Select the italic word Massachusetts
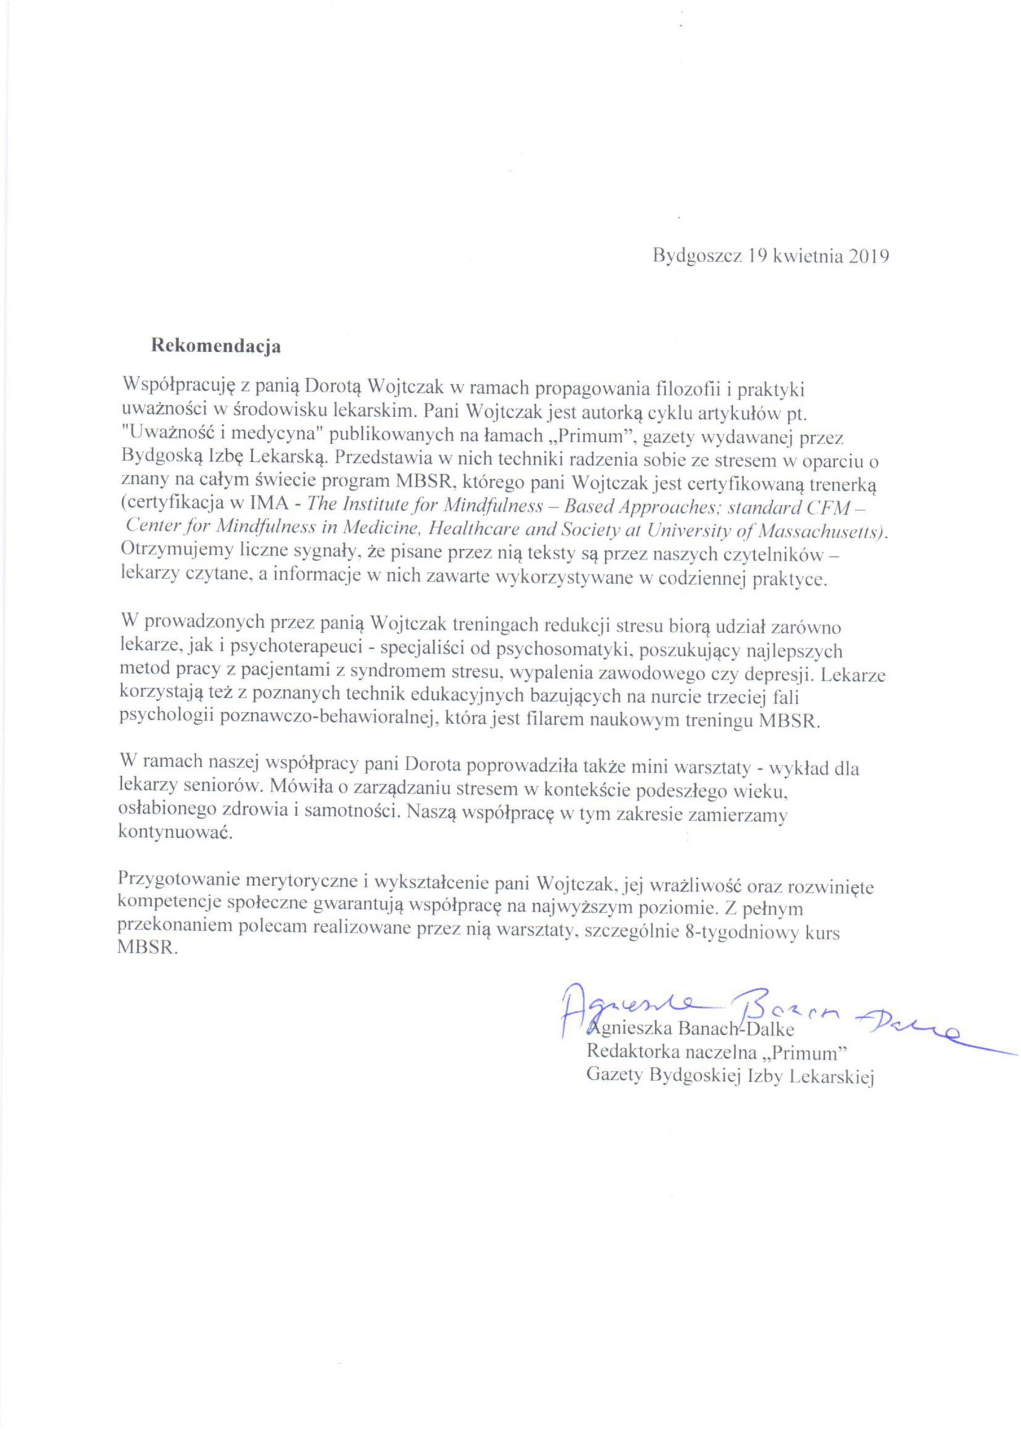(821, 531)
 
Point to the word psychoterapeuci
(295, 649)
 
